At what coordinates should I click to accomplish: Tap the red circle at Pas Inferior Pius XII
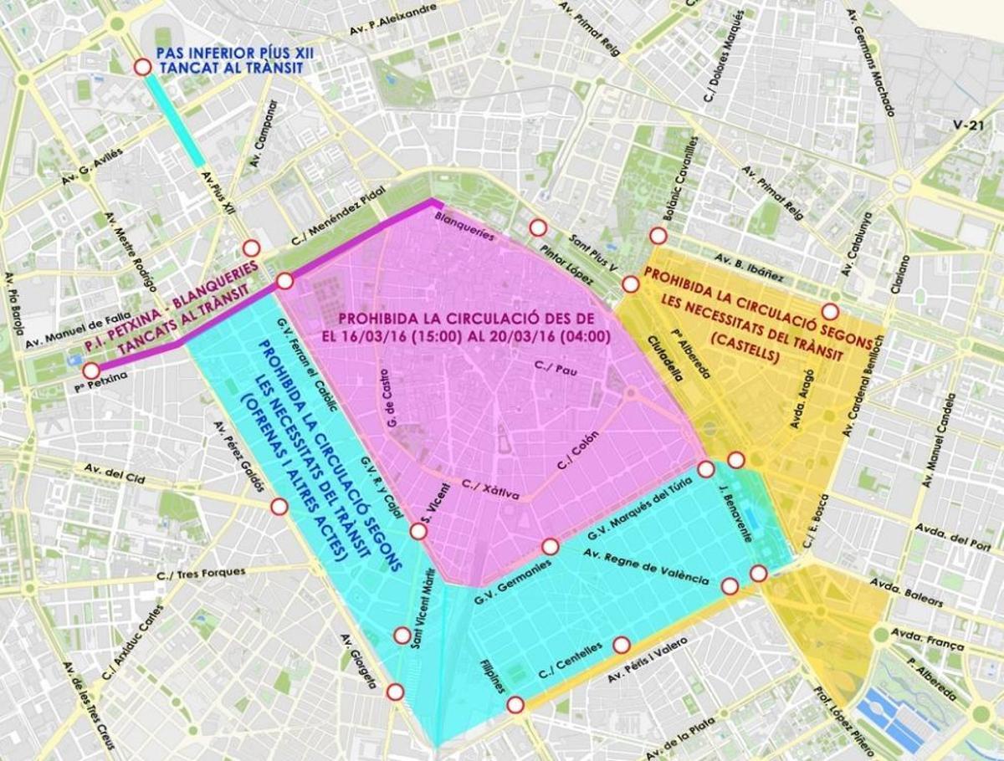[x=142, y=66]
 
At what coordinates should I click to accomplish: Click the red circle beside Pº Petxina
[x=90, y=370]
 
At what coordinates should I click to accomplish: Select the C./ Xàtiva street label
[x=489, y=489]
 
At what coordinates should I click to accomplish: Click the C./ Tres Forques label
[x=201, y=574]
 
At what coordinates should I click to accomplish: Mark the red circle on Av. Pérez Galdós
[x=279, y=507]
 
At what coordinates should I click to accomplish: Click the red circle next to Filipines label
[x=515, y=705]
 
